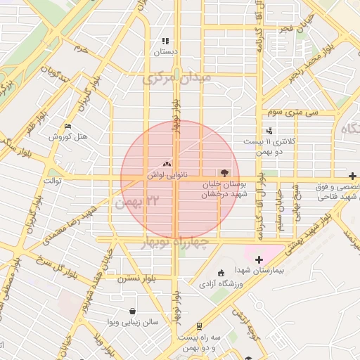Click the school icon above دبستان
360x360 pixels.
pos(165,41)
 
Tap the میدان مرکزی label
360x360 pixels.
pos(177,79)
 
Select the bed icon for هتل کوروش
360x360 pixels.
pos(67,127)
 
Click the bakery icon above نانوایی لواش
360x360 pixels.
pos(167,163)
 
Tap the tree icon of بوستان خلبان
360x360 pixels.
pos(224,172)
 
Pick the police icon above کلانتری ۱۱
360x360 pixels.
pos(269,131)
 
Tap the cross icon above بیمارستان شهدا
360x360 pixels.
pos(259,260)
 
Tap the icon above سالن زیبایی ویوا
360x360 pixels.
pos(132,311)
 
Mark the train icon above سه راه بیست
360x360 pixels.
pos(200,326)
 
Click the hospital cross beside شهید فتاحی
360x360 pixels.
pos(352,176)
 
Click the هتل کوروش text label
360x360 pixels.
pos(68,136)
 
